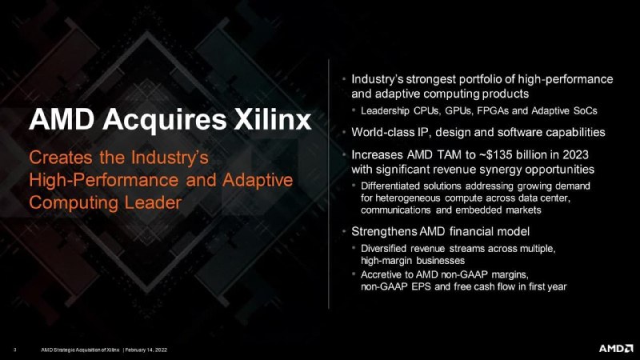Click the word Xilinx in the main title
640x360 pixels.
click(272, 119)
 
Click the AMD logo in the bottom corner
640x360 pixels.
click(616, 348)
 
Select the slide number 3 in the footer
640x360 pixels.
click(15, 350)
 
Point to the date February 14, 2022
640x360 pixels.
click(146, 350)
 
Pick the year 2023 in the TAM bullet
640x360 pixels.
click(575, 154)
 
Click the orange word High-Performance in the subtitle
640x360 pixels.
click(104, 181)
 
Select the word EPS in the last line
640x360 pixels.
click(422, 286)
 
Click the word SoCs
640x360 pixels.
click(585, 111)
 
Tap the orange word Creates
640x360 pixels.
click(61, 158)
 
